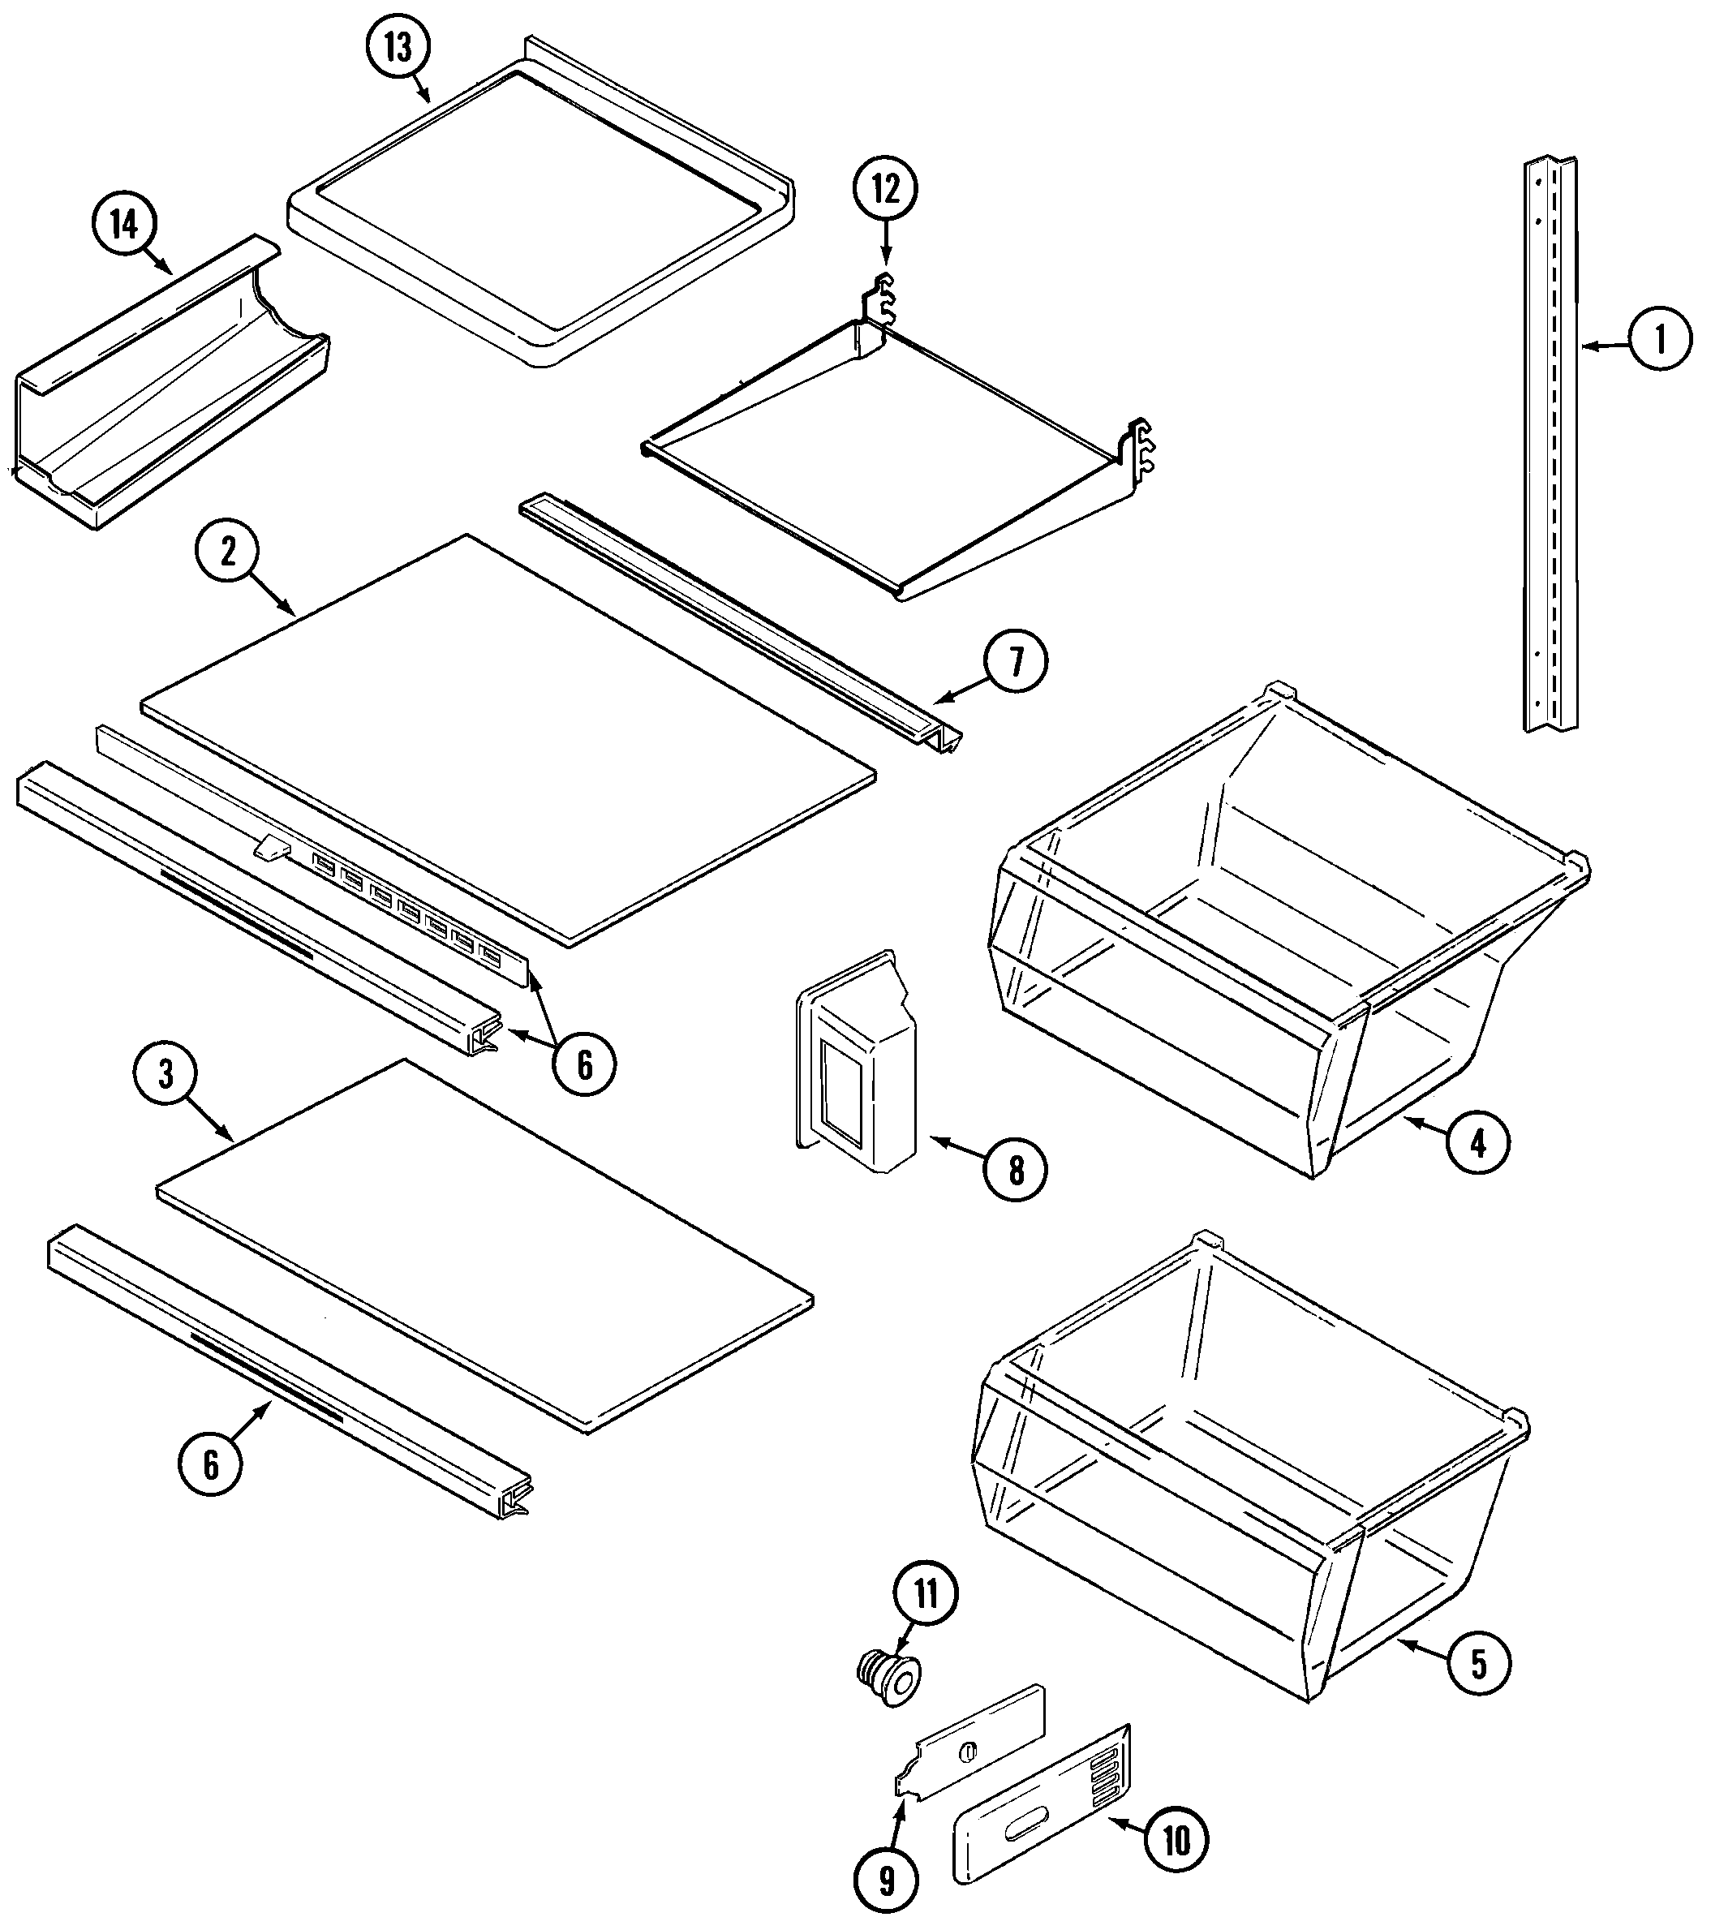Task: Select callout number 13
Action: (x=398, y=47)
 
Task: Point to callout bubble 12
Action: (x=886, y=189)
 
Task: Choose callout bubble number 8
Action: (x=1015, y=1171)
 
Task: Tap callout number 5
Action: (x=1478, y=1664)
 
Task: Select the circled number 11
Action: (x=926, y=1594)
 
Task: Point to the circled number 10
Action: (x=1176, y=1840)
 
